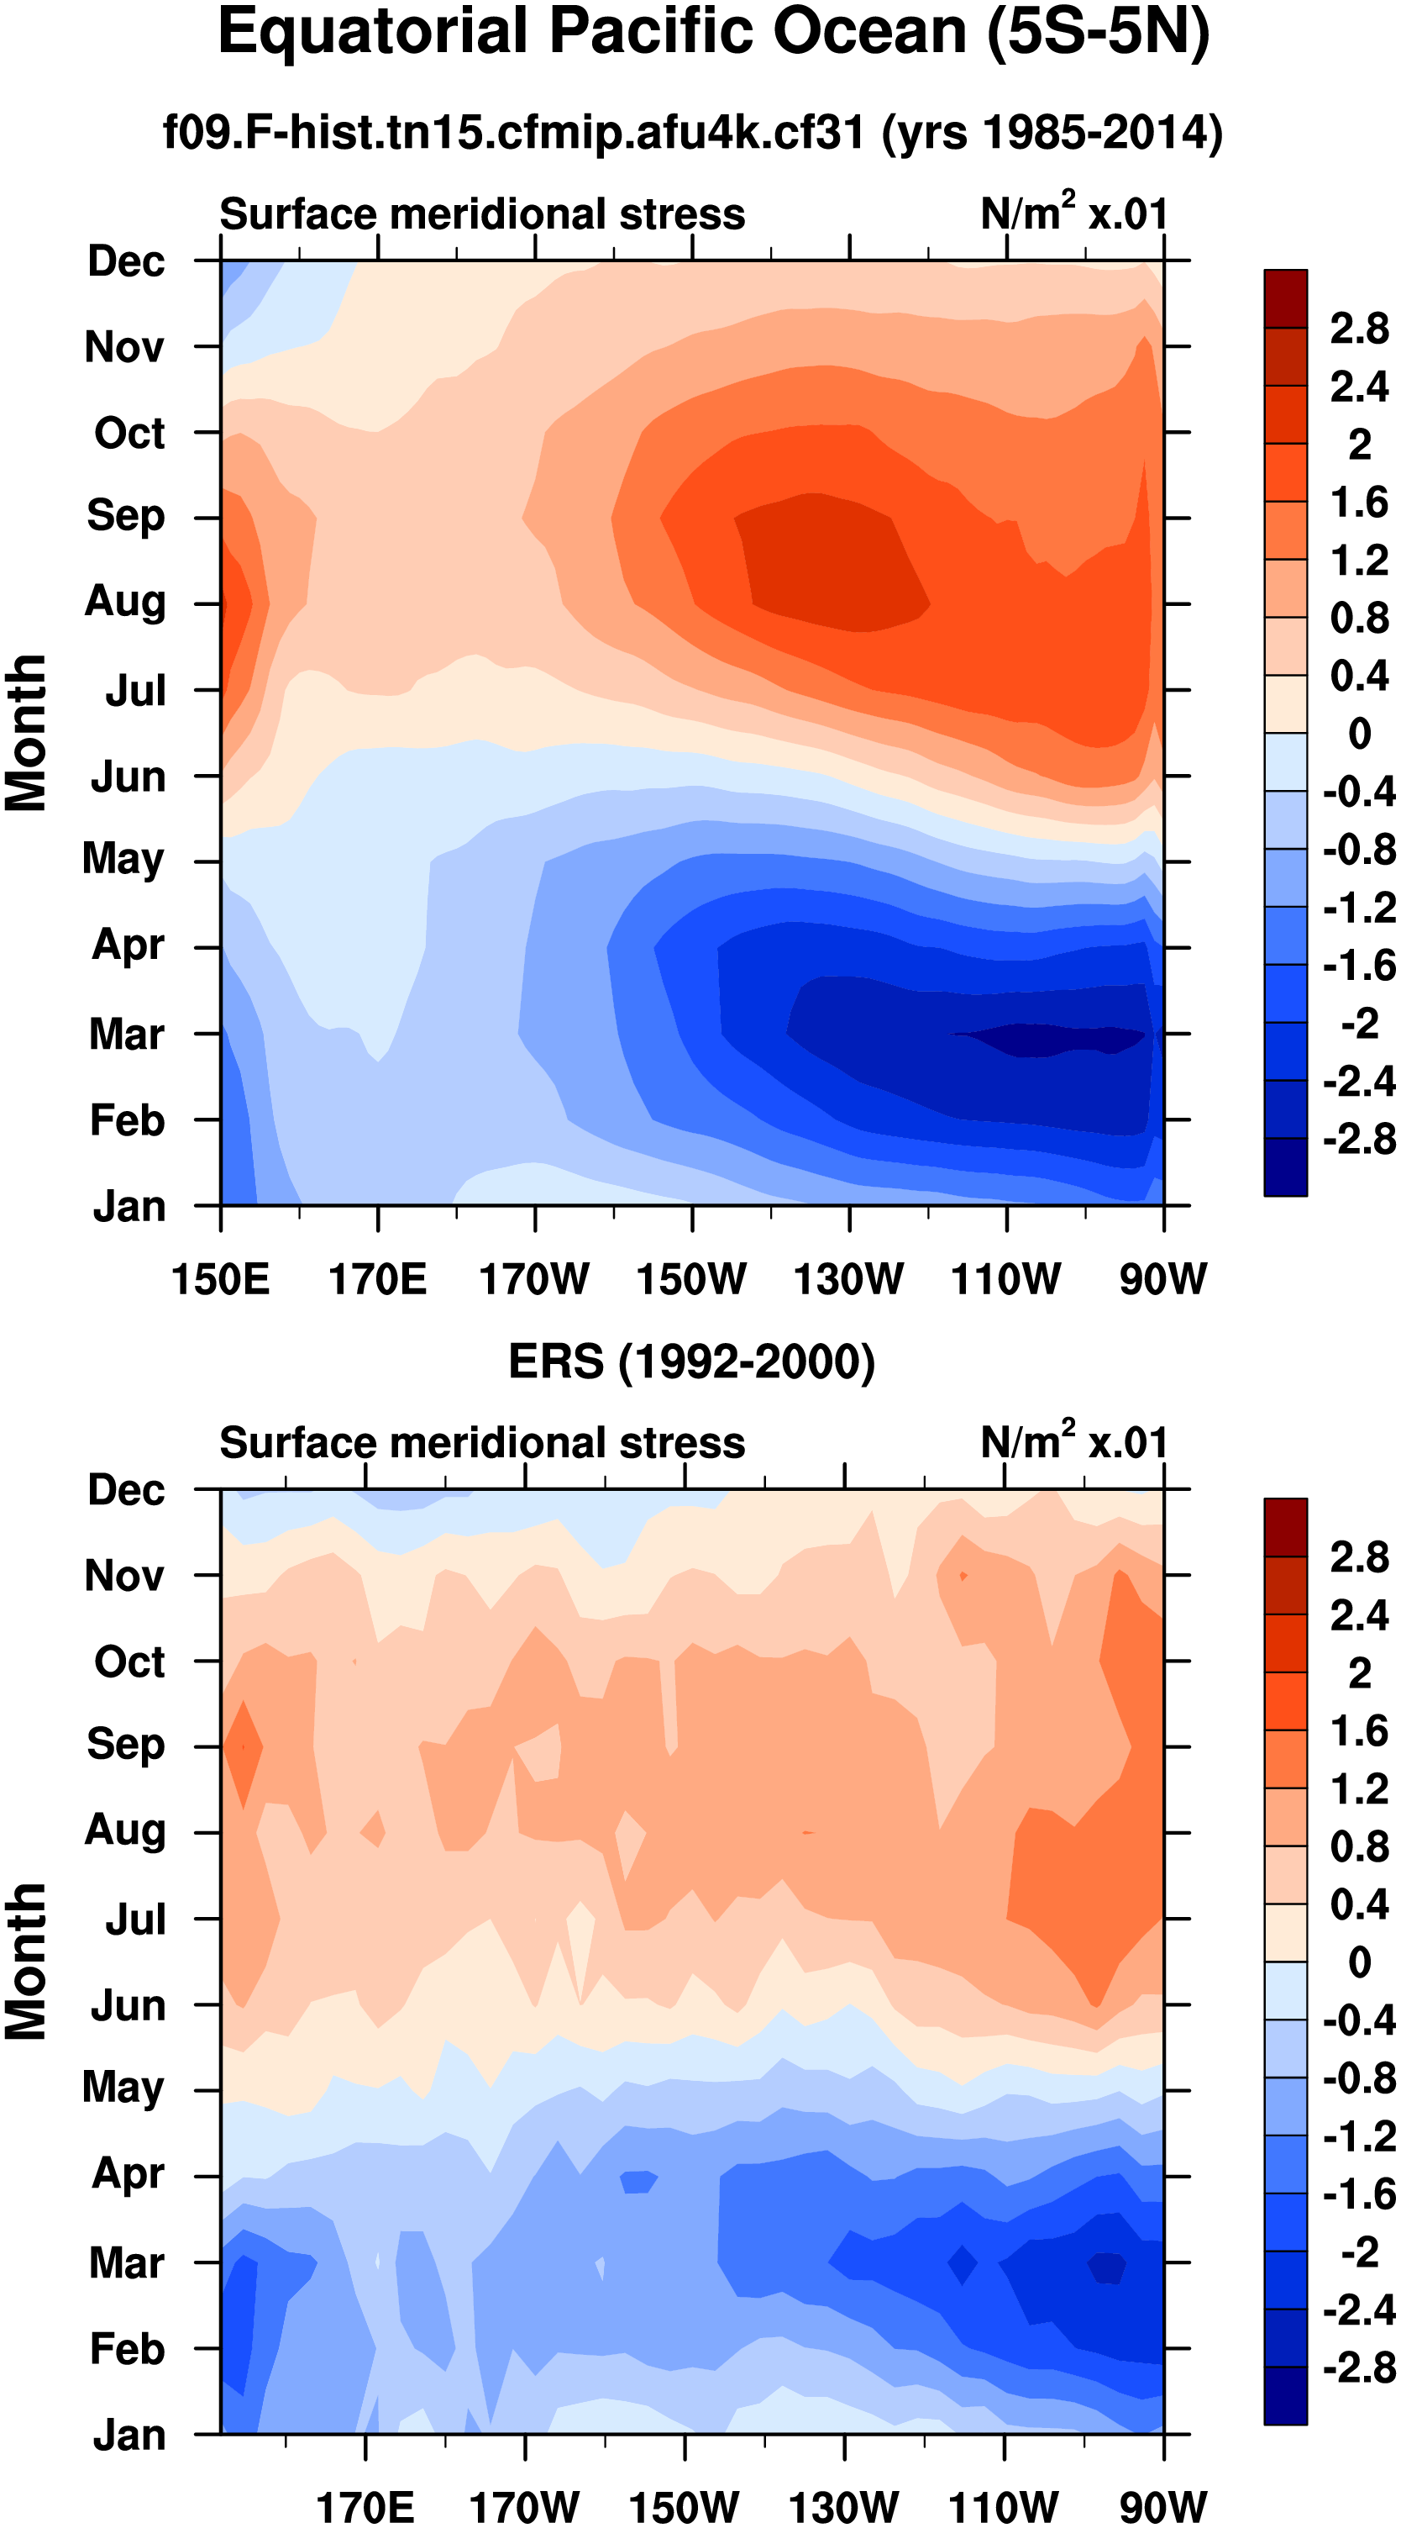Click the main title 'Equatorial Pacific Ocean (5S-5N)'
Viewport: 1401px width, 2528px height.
click(713, 34)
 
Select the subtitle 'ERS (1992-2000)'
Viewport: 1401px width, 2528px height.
click(691, 1362)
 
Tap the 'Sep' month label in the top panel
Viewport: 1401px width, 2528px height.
click(126, 516)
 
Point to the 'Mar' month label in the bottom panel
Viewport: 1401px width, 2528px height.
click(127, 2263)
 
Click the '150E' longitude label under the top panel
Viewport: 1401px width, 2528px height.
click(220, 1280)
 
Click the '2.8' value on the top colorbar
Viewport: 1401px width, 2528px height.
click(1359, 329)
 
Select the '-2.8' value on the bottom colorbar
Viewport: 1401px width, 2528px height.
click(1359, 2368)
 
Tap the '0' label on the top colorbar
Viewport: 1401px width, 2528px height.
click(1359, 733)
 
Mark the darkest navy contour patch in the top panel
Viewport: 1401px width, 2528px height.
click(1050, 1038)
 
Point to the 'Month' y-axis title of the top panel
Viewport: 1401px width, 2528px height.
click(27, 733)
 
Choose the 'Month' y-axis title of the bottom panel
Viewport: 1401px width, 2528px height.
click(27, 1962)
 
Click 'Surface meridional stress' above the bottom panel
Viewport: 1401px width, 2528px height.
click(482, 1444)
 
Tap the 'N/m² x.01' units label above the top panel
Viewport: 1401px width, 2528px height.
click(1073, 213)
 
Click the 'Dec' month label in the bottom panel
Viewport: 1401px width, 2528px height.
click(127, 1490)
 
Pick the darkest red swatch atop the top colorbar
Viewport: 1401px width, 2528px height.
click(1285, 298)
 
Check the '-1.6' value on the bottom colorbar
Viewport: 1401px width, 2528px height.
click(1359, 2194)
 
